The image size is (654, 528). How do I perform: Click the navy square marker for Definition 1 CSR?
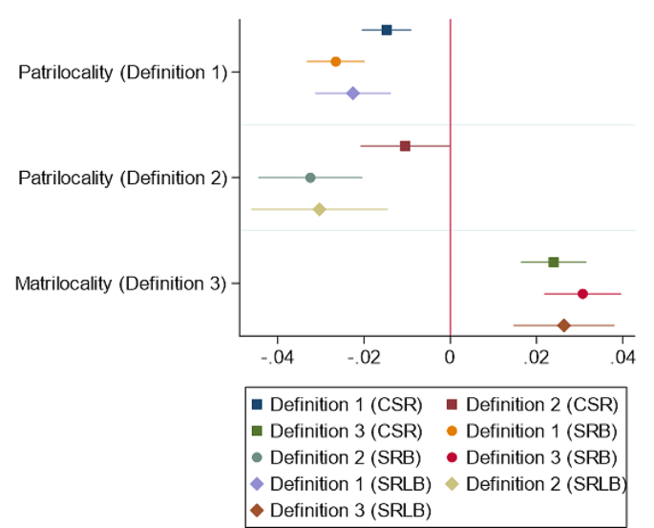click(387, 31)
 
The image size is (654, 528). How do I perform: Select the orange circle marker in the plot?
click(336, 61)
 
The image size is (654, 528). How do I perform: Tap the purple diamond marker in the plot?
click(353, 94)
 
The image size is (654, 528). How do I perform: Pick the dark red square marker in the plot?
click(405, 146)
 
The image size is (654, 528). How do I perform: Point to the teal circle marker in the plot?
click(310, 178)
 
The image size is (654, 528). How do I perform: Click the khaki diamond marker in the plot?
click(320, 209)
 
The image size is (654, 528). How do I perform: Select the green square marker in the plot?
click(554, 262)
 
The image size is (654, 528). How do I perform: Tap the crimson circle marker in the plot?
click(582, 294)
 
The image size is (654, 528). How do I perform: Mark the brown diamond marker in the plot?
click(564, 326)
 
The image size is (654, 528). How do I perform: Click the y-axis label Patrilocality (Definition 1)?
click(122, 73)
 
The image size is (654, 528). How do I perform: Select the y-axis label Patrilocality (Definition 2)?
click(122, 178)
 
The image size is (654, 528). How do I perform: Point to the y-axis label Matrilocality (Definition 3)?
click(120, 284)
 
